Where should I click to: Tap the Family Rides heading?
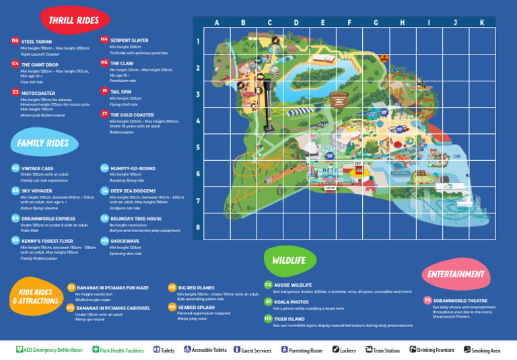[x=43, y=143]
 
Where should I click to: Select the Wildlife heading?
[x=289, y=260]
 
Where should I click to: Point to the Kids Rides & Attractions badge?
[x=35, y=296]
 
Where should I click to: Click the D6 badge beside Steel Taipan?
[x=15, y=41]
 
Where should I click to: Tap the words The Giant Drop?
[x=40, y=65]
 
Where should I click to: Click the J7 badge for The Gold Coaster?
[x=104, y=114]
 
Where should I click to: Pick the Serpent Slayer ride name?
[x=129, y=40]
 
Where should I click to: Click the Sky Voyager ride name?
[x=37, y=191]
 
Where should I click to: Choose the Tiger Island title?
[x=289, y=318]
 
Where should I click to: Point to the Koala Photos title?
[x=291, y=302]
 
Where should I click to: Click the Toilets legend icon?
[x=156, y=350]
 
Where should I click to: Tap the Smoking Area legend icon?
[x=467, y=350]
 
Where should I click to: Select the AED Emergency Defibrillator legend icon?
[x=19, y=350]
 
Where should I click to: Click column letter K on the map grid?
[x=481, y=22]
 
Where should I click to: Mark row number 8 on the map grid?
[x=197, y=227]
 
